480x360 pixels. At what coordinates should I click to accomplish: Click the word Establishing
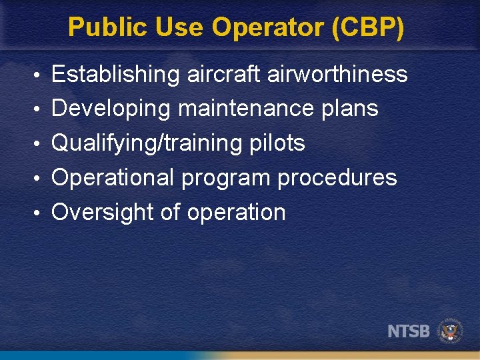coord(115,75)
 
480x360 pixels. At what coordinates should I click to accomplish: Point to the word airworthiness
coord(337,74)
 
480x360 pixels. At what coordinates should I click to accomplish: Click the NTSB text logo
coord(409,331)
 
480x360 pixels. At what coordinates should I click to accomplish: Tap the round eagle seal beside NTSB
coord(450,330)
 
